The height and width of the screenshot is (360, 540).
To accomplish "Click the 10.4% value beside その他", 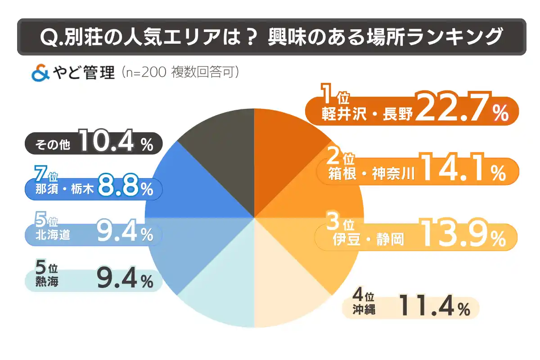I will click(x=115, y=143).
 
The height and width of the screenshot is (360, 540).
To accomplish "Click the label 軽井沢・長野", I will click(x=367, y=115).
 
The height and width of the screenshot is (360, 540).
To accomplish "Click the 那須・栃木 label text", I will click(x=63, y=190).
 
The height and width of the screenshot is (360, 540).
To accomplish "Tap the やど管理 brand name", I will click(x=84, y=73).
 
